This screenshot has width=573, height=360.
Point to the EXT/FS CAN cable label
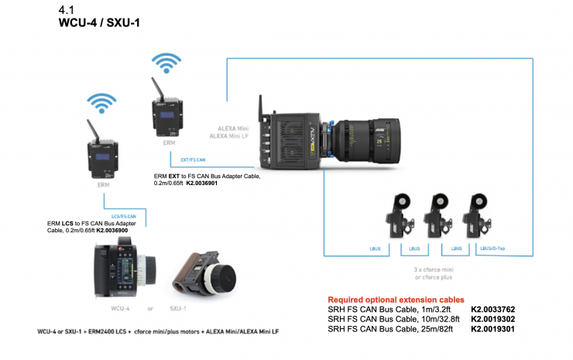click(192, 159)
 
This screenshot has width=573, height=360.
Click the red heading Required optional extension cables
click(396, 299)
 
